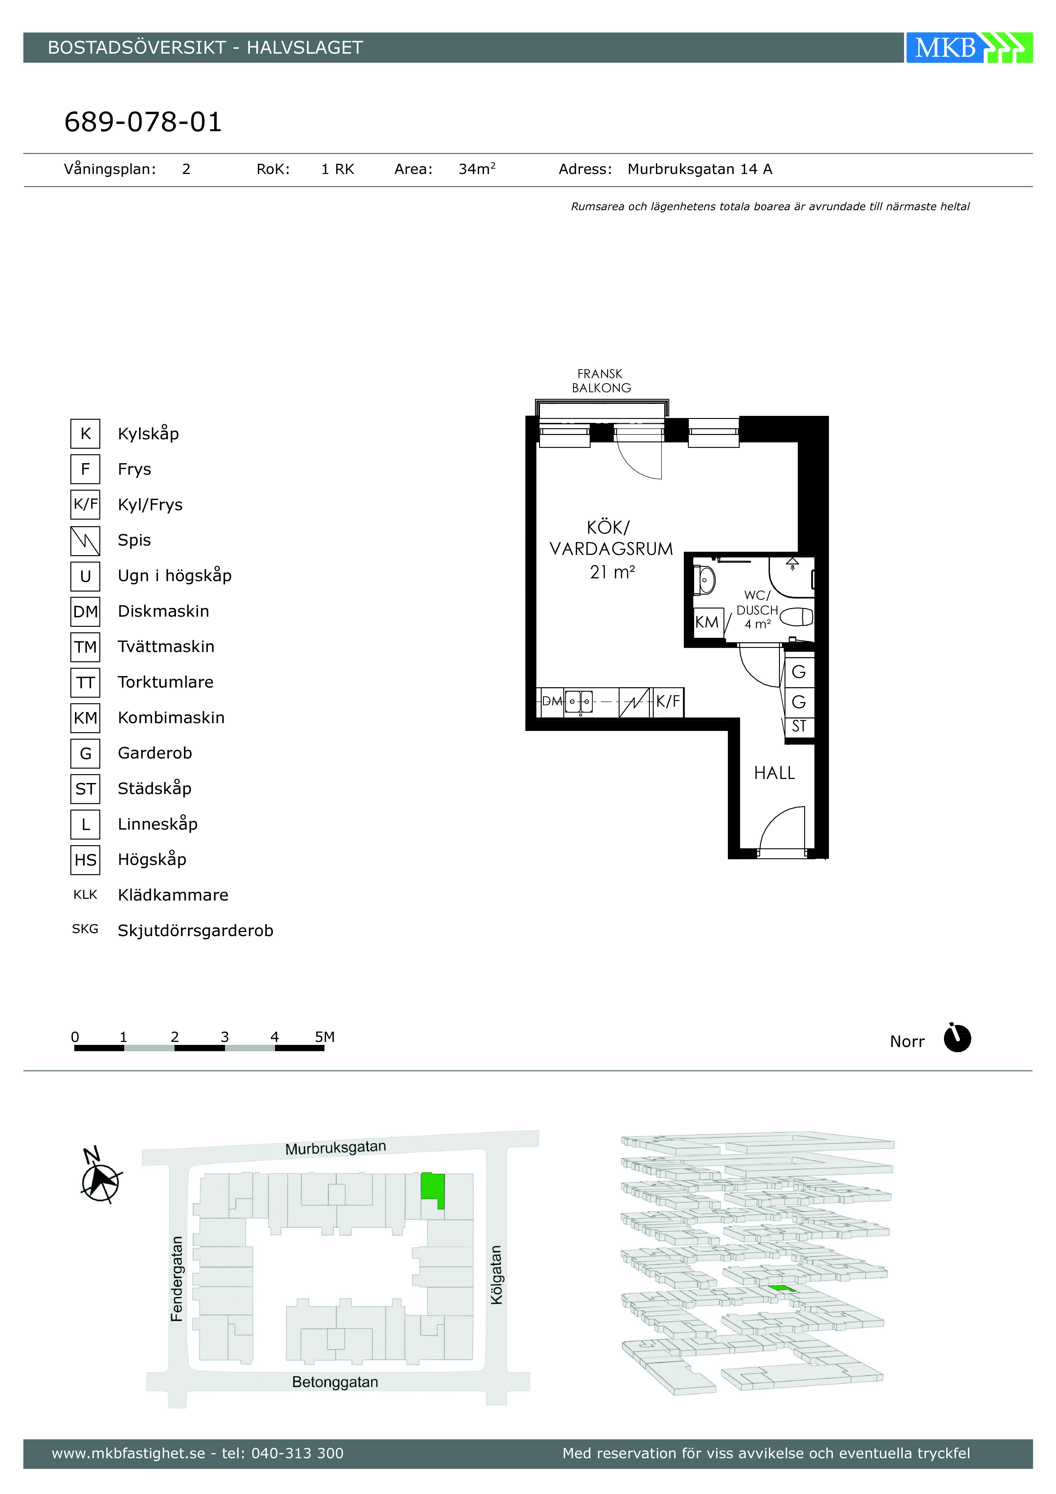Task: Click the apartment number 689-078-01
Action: (143, 122)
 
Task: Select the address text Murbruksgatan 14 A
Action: (699, 169)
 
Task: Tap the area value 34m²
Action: (477, 169)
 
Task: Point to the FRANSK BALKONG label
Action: (601, 381)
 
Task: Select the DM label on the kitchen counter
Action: (552, 701)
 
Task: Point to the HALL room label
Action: (774, 773)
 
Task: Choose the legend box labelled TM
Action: (85, 647)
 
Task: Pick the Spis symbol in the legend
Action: (85, 541)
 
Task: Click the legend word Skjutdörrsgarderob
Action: (195, 931)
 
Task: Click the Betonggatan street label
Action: (335, 1381)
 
